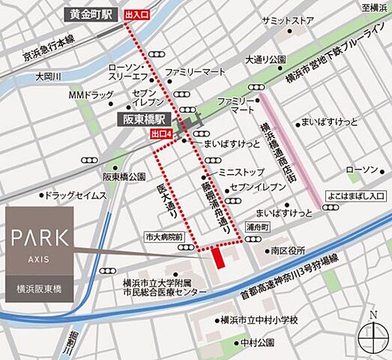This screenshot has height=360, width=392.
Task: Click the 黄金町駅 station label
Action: click(x=88, y=13)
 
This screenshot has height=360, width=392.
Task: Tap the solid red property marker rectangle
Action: click(x=218, y=257)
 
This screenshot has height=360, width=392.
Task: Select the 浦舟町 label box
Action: click(x=256, y=224)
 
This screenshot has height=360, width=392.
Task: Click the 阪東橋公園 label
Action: click(x=124, y=177)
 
